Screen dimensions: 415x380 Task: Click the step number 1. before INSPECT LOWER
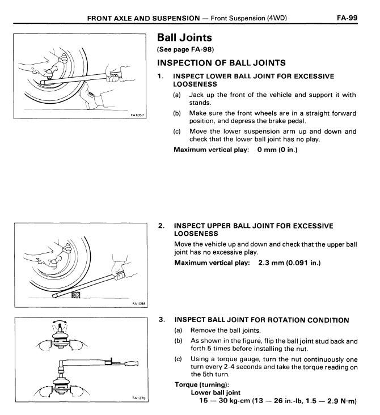(161, 75)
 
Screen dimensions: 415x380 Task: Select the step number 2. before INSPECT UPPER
(161, 226)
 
